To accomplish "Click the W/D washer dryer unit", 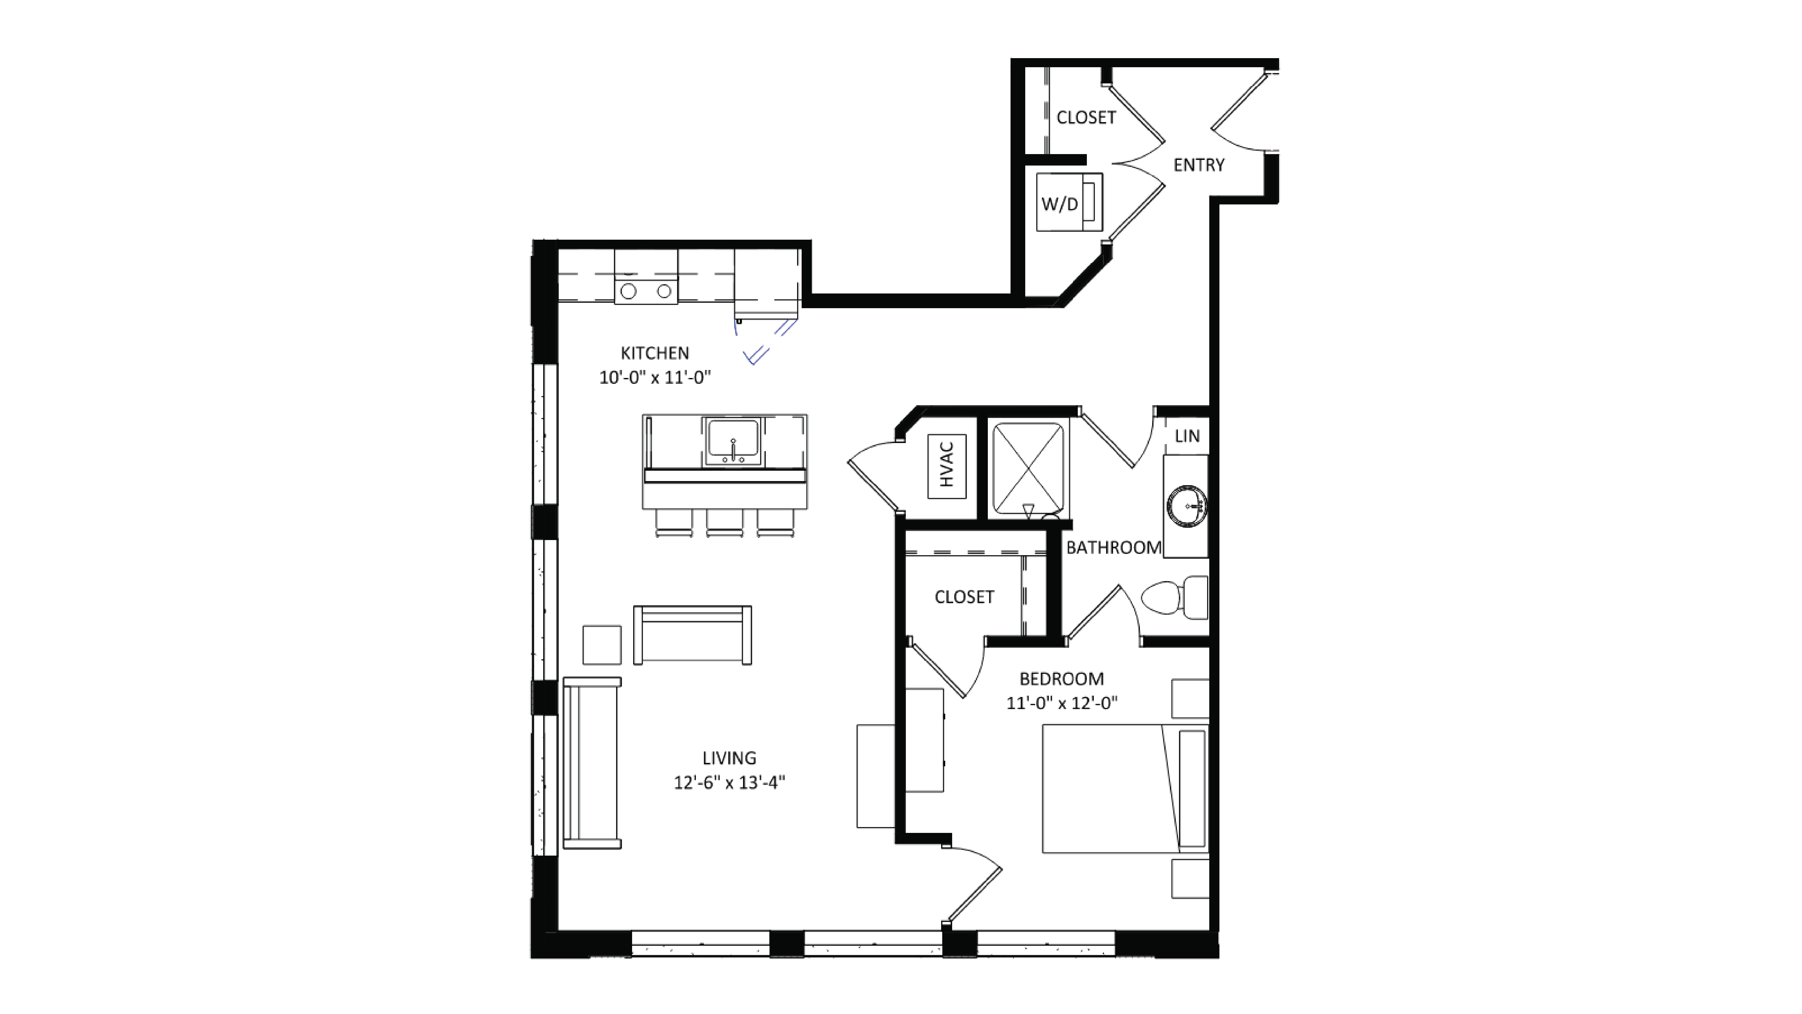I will point(1068,202).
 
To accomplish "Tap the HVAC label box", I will point(947,466).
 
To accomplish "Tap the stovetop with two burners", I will point(646,291).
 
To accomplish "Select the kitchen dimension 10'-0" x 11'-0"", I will point(655,378).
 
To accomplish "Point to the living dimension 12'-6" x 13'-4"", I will point(729,783).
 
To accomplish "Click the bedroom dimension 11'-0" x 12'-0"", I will point(1061,703).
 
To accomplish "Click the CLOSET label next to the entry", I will point(1086,118).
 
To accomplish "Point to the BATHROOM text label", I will point(1113,548).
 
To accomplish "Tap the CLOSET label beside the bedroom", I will point(964,596).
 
